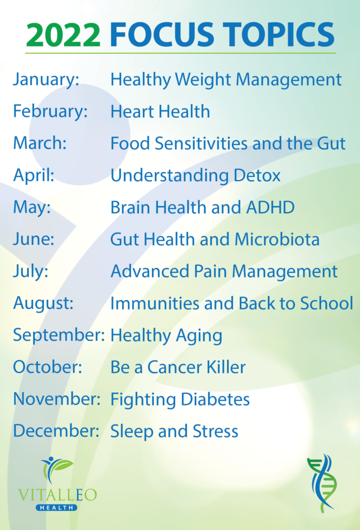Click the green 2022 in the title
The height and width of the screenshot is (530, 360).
(63, 36)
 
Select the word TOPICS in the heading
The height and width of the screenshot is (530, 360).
(280, 35)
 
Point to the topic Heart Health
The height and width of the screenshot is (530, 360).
(160, 112)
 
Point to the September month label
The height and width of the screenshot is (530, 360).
(59, 335)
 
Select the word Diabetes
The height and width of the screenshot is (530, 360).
(215, 399)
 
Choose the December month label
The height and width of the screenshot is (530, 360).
(56, 431)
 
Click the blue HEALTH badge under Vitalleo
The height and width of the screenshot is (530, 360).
(56, 507)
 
